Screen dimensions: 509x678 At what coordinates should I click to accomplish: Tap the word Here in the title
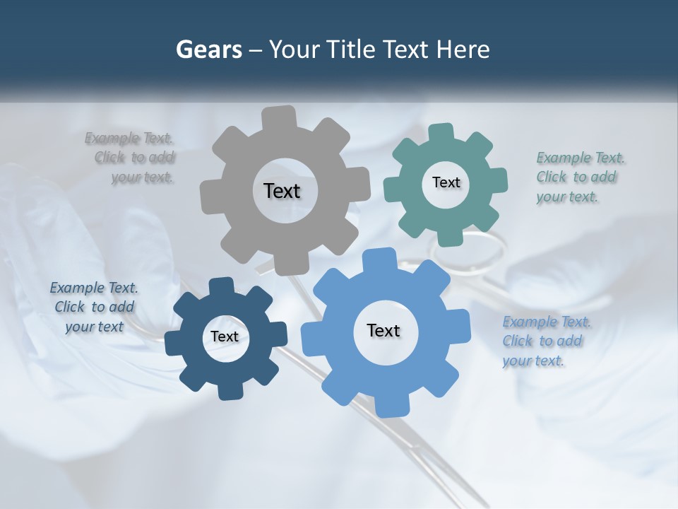pos(463,49)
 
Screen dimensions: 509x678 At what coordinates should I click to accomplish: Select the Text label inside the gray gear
pos(282,191)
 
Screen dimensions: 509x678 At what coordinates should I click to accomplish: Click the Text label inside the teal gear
pos(446,182)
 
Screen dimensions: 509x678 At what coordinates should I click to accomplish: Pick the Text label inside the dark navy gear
pos(225,337)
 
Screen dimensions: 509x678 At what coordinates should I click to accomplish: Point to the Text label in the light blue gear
pos(383,330)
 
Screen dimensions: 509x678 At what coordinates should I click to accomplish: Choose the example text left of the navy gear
pos(94,307)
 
